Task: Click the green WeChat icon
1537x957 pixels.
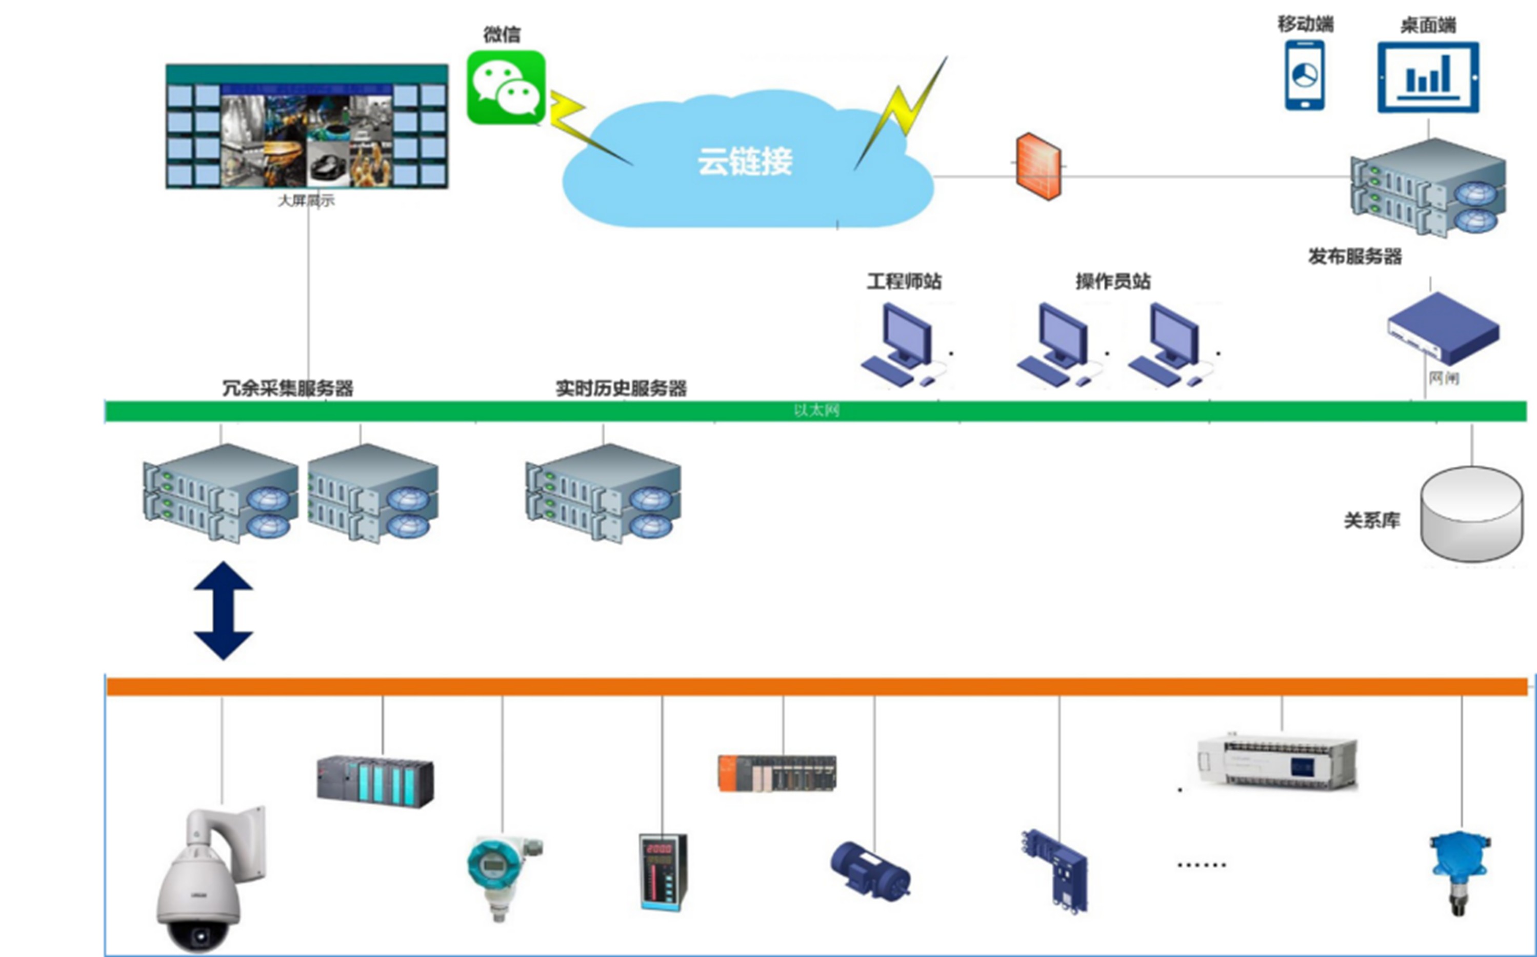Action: (506, 87)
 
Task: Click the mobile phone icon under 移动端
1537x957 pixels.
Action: (1304, 75)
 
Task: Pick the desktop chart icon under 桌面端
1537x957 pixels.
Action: (1428, 77)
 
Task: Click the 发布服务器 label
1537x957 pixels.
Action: (1355, 256)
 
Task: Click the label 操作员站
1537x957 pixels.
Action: (1113, 281)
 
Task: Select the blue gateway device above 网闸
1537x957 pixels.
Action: (1443, 327)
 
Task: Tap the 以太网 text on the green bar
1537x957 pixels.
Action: (816, 411)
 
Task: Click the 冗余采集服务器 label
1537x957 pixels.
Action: (287, 388)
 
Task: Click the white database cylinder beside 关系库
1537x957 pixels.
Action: (1471, 513)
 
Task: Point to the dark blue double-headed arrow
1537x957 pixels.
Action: (224, 611)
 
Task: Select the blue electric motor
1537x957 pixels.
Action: (869, 870)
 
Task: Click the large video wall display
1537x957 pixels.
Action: (307, 127)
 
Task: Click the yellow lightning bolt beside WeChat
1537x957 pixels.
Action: (579, 127)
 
